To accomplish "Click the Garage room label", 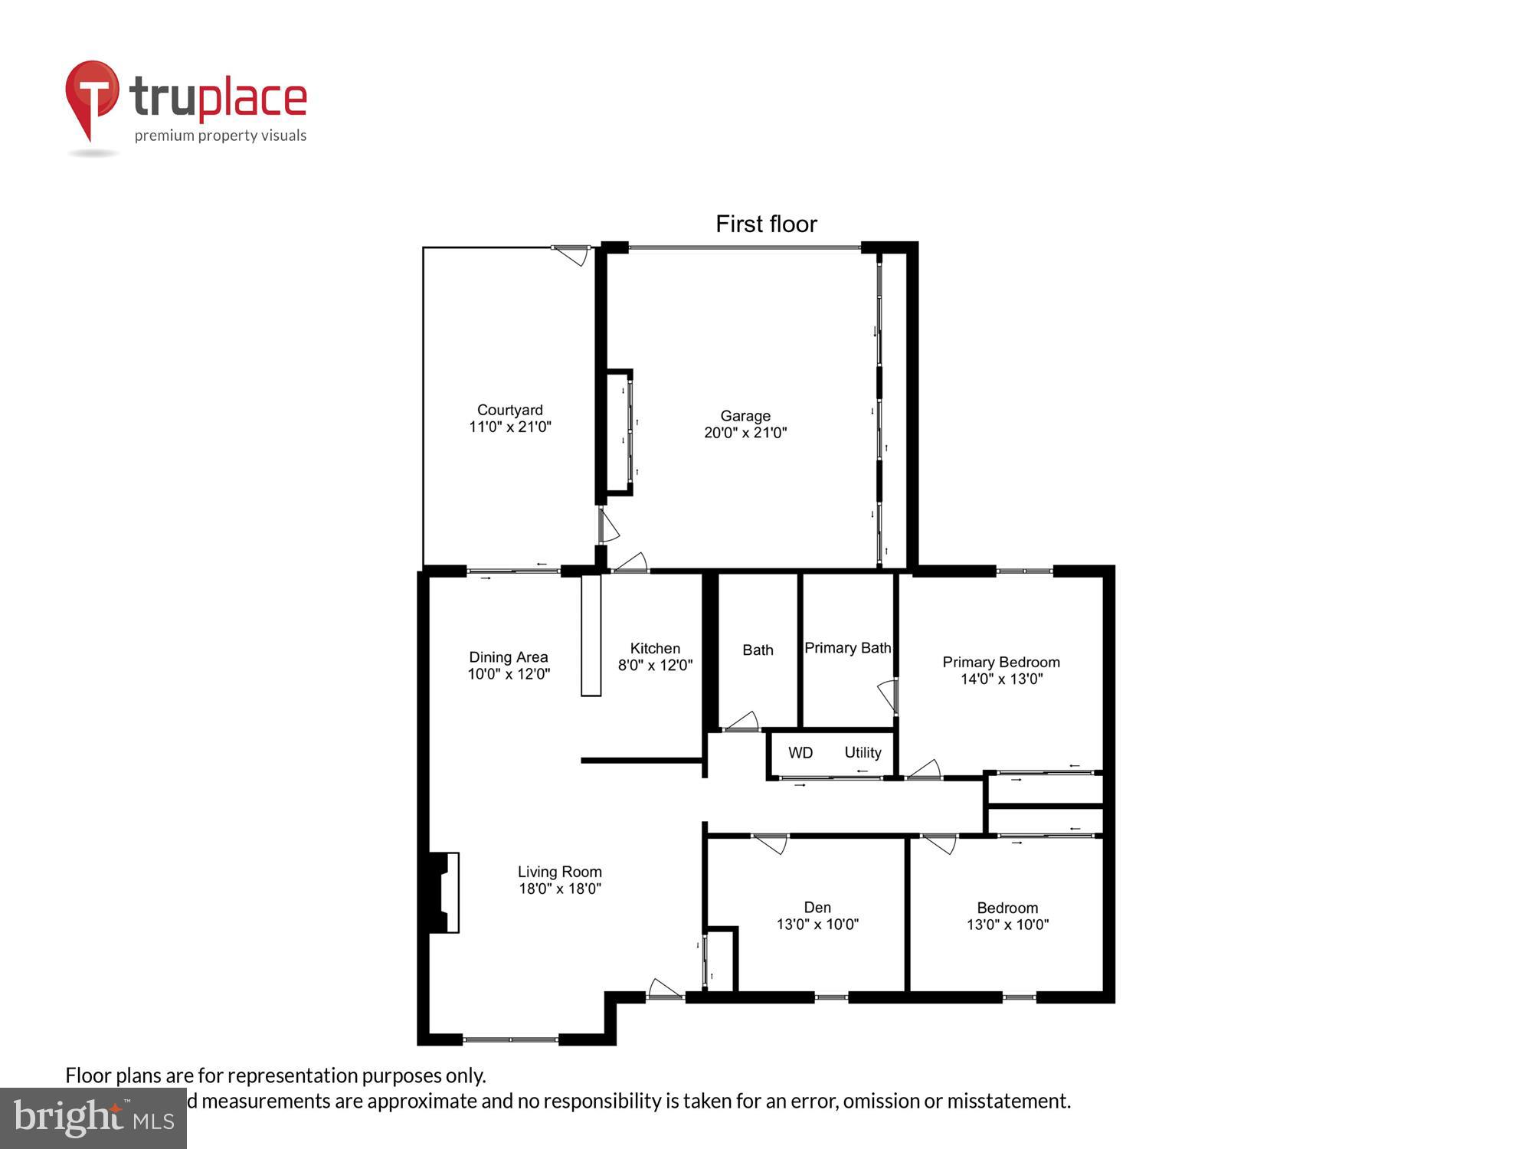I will pyautogui.click(x=745, y=416).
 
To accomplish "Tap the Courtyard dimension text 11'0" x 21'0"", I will pyautogui.click(x=510, y=427).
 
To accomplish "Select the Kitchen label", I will pyautogui.click(x=655, y=648).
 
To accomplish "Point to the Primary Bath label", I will pyautogui.click(x=847, y=648).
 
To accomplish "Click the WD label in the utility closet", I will pyautogui.click(x=800, y=753).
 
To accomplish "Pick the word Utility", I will pyautogui.click(x=863, y=753).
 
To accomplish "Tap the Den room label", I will pyautogui.click(x=817, y=908).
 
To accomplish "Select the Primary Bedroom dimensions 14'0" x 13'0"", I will pyautogui.click(x=1001, y=679).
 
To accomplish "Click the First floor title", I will pyautogui.click(x=766, y=224).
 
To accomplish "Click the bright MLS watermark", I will pyautogui.click(x=93, y=1119).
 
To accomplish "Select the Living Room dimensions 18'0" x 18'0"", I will pyautogui.click(x=559, y=889).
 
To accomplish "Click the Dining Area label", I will pyautogui.click(x=508, y=657).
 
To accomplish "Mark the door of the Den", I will pyautogui.click(x=771, y=843).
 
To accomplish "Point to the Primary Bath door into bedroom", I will pyautogui.click(x=889, y=696).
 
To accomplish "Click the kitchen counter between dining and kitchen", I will pyautogui.click(x=591, y=636).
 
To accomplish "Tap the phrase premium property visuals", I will pyautogui.click(x=221, y=136).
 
